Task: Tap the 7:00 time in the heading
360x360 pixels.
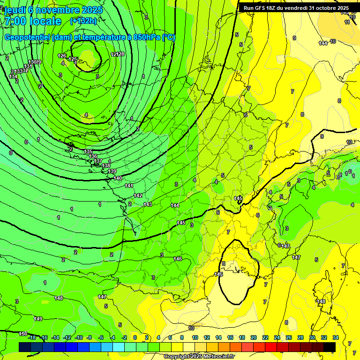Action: point(15,21)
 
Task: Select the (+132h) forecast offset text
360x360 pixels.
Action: point(83,21)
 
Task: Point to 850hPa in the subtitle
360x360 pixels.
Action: point(148,37)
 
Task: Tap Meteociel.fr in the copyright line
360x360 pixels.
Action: point(216,356)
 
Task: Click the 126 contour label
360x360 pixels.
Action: point(62,56)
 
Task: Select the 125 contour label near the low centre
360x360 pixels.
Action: point(73,60)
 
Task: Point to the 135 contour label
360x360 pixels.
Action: point(88,151)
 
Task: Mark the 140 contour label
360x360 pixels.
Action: point(118,178)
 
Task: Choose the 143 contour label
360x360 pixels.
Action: point(148,204)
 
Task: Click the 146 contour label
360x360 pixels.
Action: point(178,259)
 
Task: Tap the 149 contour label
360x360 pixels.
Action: point(38,319)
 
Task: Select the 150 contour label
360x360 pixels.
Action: point(22,334)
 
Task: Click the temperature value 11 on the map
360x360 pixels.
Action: point(347,22)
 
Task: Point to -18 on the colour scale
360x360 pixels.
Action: point(32,337)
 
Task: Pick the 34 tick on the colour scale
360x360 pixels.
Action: point(336,337)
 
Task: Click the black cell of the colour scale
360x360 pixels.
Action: point(330,346)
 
